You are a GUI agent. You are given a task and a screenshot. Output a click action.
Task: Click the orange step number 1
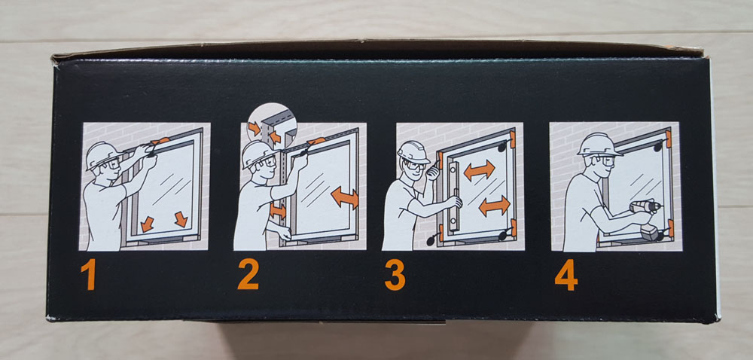(88, 274)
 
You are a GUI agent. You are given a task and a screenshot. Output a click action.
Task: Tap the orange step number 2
(248, 274)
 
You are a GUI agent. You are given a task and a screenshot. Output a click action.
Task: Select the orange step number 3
(395, 275)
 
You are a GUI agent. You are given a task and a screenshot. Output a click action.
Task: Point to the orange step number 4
(566, 275)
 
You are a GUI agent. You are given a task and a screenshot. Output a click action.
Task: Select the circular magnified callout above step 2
(272, 126)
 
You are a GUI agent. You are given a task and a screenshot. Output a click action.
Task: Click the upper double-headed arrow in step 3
(479, 170)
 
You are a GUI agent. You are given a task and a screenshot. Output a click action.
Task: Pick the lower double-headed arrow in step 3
(494, 206)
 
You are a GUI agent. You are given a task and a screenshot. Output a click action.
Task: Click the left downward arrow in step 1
(147, 224)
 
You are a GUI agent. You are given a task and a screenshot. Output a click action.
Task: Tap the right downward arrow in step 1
(181, 219)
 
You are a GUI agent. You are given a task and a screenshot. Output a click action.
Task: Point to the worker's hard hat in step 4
(599, 144)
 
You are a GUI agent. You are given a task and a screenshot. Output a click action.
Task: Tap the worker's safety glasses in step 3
(415, 166)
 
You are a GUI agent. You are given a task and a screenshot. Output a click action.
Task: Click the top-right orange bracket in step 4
(669, 139)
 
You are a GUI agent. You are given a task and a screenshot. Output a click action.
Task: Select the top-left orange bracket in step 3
(441, 160)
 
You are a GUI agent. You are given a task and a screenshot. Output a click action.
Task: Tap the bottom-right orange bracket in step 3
(514, 227)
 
